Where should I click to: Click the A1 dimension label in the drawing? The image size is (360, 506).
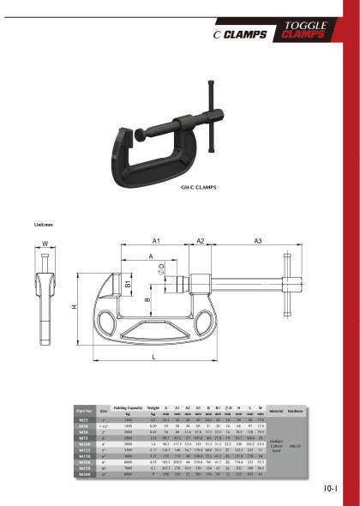(x=157, y=243)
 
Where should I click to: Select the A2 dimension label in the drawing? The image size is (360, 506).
(x=200, y=243)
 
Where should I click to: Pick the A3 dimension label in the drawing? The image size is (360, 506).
(x=256, y=243)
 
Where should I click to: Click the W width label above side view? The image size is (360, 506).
(x=45, y=244)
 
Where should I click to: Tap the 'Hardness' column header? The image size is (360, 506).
(x=297, y=412)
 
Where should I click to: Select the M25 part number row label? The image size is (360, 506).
(x=83, y=420)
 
